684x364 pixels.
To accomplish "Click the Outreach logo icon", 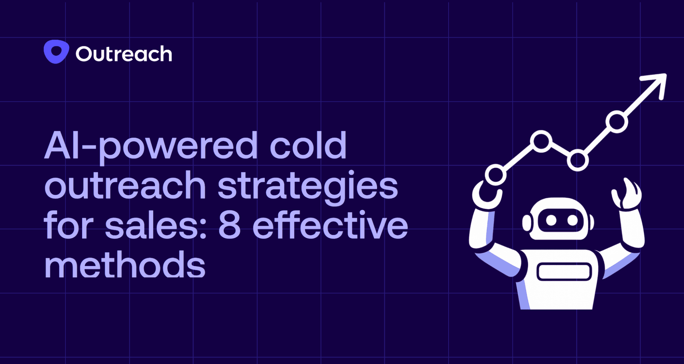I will (56, 52).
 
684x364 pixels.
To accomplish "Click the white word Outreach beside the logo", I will (124, 54).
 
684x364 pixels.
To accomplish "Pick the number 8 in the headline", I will (229, 226).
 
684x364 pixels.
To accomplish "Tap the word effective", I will (330, 226).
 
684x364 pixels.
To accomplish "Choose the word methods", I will (125, 265).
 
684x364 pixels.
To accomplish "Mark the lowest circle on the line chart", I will (495, 175).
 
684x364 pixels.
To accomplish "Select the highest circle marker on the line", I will (617, 122).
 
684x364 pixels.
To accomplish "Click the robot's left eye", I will (551, 220).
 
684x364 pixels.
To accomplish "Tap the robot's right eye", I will (572, 220).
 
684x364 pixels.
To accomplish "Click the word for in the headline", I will (68, 226).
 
